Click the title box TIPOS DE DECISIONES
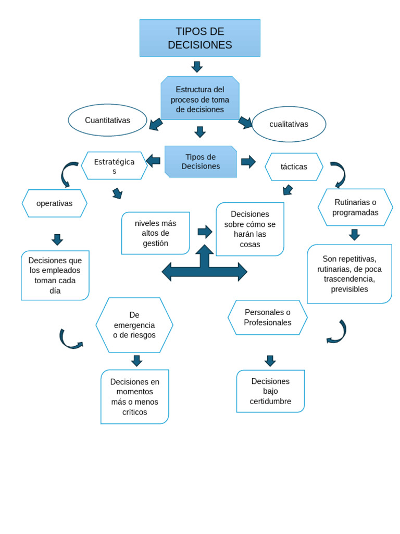tap(199, 38)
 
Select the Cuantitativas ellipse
tap(107, 120)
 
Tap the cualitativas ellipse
tap(289, 124)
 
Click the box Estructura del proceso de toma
tap(199, 99)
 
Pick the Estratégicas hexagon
tap(114, 166)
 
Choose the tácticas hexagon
tap(294, 167)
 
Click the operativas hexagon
tap(54, 203)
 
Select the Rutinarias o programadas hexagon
tap(355, 208)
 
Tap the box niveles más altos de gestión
tap(155, 233)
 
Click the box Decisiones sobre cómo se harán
tap(250, 229)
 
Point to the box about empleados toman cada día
tap(55, 275)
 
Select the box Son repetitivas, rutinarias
tap(349, 274)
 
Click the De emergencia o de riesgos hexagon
tap(134, 325)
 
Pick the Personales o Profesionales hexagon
tap(267, 317)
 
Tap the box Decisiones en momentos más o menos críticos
tap(134, 397)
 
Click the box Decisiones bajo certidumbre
tap(270, 391)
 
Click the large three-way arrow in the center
tap(205, 269)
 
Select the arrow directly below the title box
tap(197, 67)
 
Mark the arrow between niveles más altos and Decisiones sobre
tap(205, 232)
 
